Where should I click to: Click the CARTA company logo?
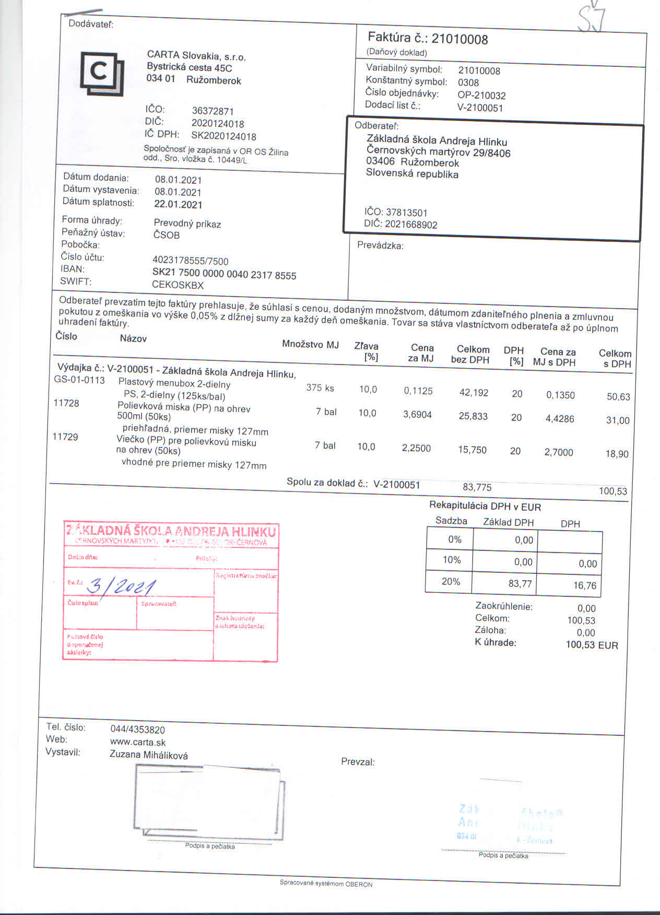(102, 73)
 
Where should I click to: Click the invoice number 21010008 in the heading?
(459, 39)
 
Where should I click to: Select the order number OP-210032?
(481, 96)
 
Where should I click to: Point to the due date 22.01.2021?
(178, 204)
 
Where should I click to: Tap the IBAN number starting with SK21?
(224, 274)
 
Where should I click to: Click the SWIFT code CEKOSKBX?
(178, 285)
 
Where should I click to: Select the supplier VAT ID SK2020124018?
(223, 136)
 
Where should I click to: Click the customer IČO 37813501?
(406, 213)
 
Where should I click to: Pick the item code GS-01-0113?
(79, 380)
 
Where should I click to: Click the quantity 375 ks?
(320, 388)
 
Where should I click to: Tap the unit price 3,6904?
(417, 414)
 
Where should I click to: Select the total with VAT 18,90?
(617, 454)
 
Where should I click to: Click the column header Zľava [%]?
(366, 351)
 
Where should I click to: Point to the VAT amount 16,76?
(584, 585)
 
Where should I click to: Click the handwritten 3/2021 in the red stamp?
(122, 587)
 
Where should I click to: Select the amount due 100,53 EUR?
(592, 645)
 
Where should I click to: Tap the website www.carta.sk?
(138, 742)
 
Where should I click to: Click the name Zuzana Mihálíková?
(149, 755)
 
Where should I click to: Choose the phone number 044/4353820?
(138, 730)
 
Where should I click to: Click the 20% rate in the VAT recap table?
(450, 581)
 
